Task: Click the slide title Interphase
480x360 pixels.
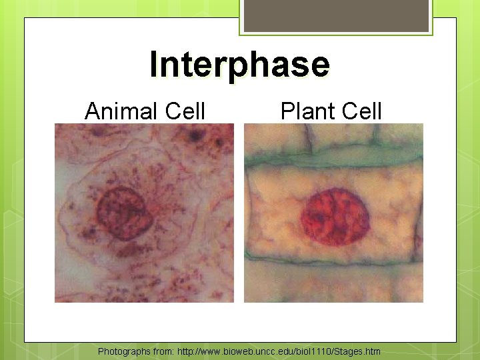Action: coord(239,65)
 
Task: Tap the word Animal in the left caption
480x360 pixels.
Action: coord(117,111)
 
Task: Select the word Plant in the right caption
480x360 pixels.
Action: coord(305,111)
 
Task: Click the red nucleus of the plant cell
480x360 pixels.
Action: coord(335,217)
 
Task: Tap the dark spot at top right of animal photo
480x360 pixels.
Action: coord(195,137)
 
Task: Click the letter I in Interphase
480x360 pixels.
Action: coord(154,65)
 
